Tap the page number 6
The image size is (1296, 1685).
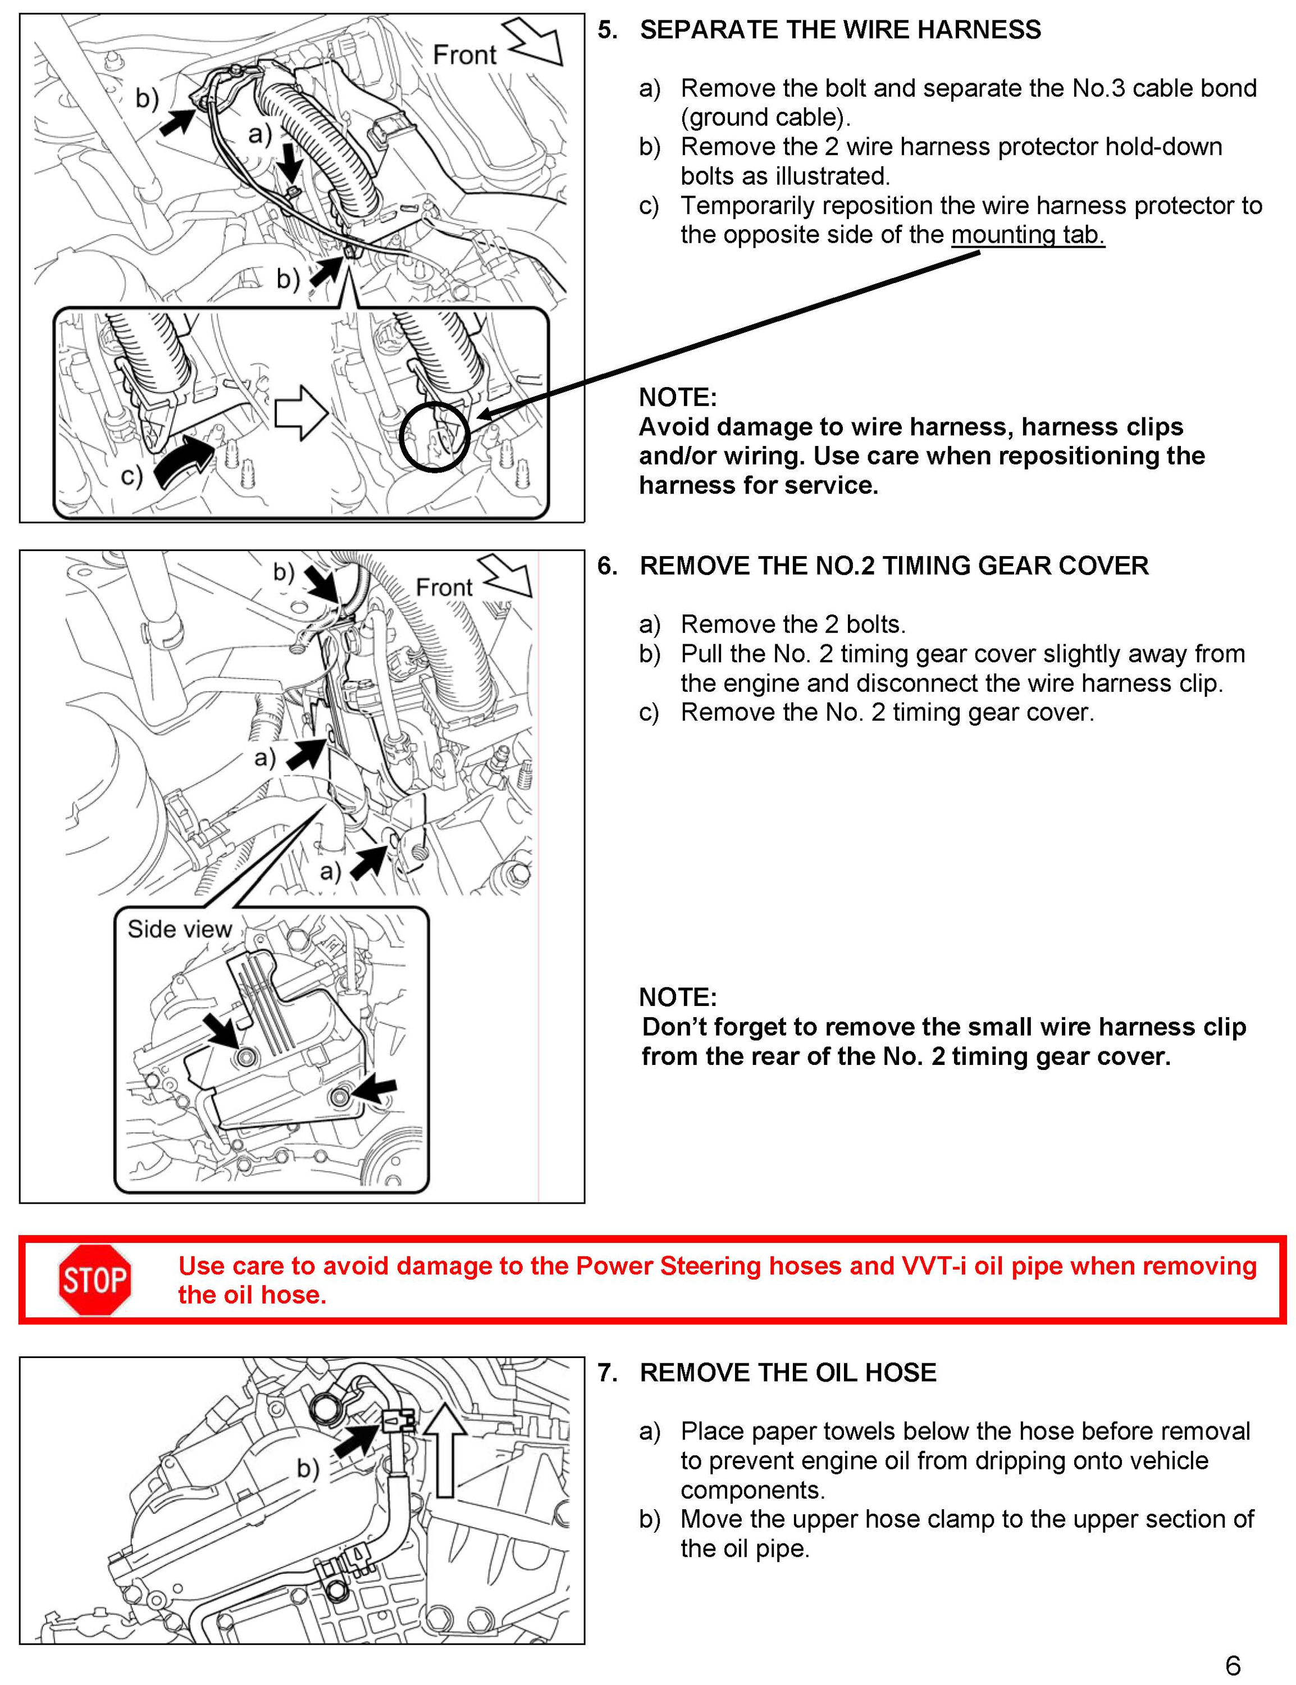coord(1232,1665)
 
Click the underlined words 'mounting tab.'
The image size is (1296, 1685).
coord(1028,235)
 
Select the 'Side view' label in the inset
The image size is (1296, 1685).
coord(179,929)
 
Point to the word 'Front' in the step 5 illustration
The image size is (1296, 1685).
coord(464,56)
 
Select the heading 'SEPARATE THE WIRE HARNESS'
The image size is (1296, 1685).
coord(840,30)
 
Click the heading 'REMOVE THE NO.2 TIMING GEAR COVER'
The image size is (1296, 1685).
coord(894,566)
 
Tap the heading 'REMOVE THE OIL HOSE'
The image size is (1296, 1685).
coord(788,1373)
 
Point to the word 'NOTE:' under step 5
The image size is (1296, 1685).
coord(677,397)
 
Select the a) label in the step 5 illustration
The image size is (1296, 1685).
coord(260,135)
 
